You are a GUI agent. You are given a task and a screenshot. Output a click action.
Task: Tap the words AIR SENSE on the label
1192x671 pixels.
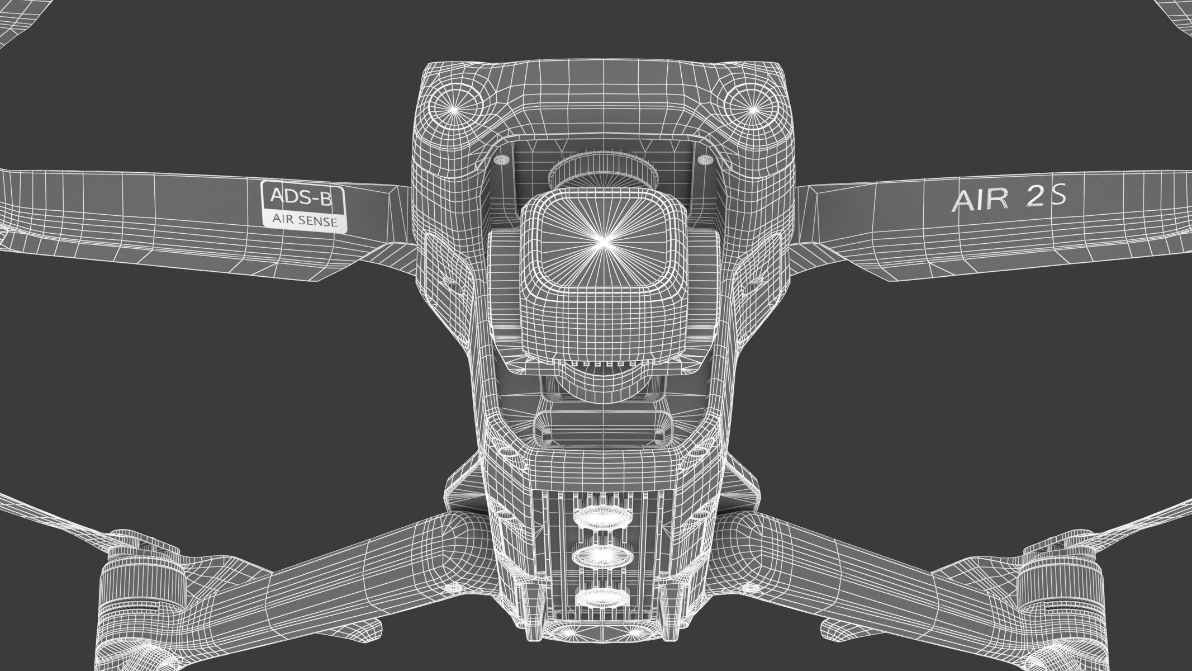coord(305,221)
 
